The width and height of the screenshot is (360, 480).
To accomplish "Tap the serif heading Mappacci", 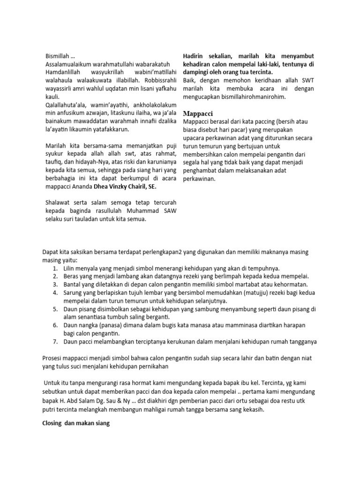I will (197, 113).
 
